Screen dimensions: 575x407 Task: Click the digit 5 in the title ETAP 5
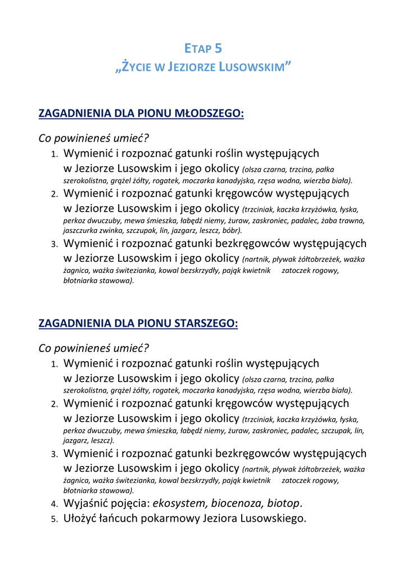click(x=218, y=48)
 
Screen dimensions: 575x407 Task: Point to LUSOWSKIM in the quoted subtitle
click(x=253, y=68)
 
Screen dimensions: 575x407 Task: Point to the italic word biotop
click(x=283, y=503)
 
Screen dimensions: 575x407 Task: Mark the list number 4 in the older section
click(x=54, y=504)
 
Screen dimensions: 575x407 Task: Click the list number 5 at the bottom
click(x=54, y=519)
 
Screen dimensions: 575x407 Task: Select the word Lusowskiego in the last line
click(x=273, y=518)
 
